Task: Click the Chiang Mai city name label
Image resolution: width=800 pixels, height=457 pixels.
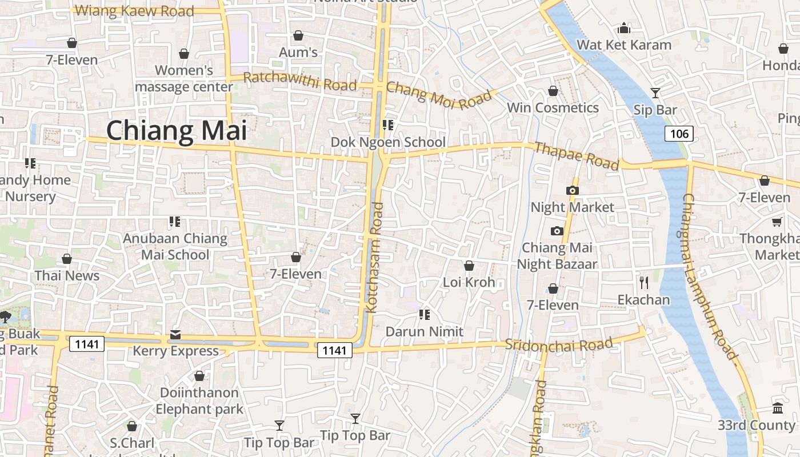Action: [177, 130]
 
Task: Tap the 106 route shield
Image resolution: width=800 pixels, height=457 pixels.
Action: [679, 134]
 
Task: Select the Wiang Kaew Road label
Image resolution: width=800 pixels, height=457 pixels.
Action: [134, 11]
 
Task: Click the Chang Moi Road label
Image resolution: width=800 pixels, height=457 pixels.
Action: [439, 95]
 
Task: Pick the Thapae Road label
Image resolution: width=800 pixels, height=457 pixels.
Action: [576, 156]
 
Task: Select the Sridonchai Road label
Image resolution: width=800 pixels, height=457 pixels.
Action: [559, 344]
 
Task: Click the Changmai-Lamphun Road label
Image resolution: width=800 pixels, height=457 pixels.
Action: [709, 276]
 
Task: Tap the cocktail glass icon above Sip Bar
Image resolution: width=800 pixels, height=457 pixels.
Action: [655, 93]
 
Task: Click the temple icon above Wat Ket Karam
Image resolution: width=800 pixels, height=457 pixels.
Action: [624, 27]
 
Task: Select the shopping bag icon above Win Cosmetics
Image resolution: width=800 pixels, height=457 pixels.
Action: [553, 91]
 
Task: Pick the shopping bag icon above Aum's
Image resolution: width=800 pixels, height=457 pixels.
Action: [298, 35]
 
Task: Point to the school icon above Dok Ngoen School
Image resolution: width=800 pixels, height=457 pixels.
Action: [388, 125]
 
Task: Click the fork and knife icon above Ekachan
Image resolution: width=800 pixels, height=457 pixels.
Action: [644, 282]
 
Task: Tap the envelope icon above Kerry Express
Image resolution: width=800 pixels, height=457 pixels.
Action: [175, 334]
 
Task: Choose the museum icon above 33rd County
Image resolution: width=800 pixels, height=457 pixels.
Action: [778, 408]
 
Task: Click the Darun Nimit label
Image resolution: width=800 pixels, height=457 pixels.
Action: [424, 331]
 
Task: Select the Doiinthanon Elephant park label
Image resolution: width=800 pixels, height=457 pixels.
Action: [199, 401]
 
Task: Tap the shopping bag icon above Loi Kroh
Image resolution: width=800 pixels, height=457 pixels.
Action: [469, 266]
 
